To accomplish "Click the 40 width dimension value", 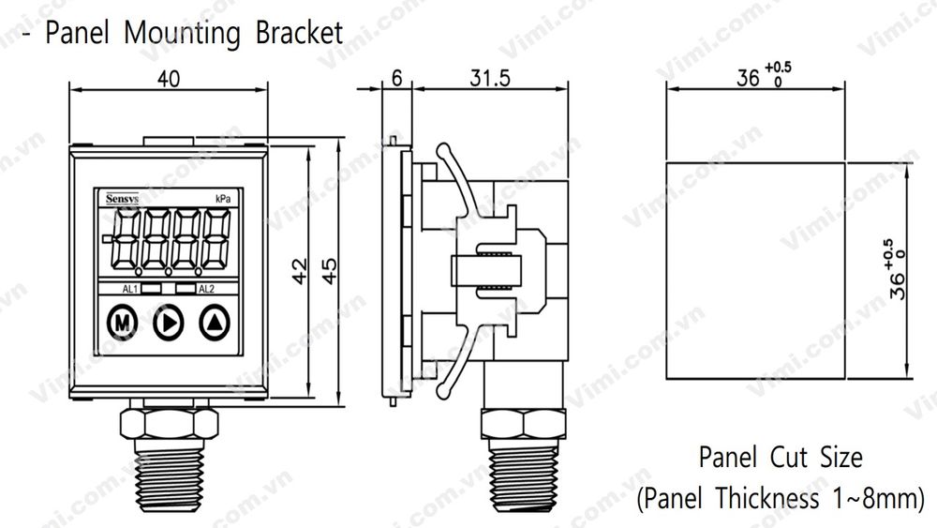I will pyautogui.click(x=169, y=80).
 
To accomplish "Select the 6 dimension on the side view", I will pyautogui.click(x=396, y=80).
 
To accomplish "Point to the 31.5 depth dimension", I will pyautogui.click(x=488, y=80).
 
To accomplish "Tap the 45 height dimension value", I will pyautogui.click(x=330, y=272).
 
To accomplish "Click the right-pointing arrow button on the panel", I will pyautogui.click(x=168, y=324).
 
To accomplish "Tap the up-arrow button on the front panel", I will pyautogui.click(x=215, y=324).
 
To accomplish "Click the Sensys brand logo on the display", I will pyautogui.click(x=119, y=198).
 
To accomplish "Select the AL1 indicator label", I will pyautogui.click(x=131, y=289).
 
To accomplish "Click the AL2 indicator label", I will pyautogui.click(x=208, y=289).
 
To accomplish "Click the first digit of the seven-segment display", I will pyautogui.click(x=126, y=239).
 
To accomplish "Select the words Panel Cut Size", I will pyautogui.click(x=781, y=459).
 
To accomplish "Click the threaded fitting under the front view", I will pyautogui.click(x=167, y=469).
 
